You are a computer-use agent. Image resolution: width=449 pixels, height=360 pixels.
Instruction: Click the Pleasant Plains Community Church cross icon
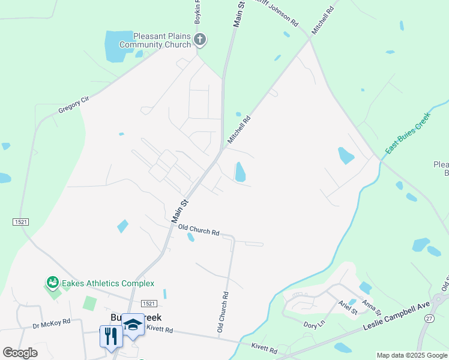coord(200,40)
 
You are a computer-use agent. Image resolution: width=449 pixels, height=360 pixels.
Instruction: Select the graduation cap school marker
coord(133,325)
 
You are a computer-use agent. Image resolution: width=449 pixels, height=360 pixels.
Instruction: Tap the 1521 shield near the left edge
coord(20,222)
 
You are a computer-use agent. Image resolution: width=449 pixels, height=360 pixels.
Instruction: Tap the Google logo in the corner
coord(20,352)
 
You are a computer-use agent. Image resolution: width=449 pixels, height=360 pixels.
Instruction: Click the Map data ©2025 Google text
coord(412,355)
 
